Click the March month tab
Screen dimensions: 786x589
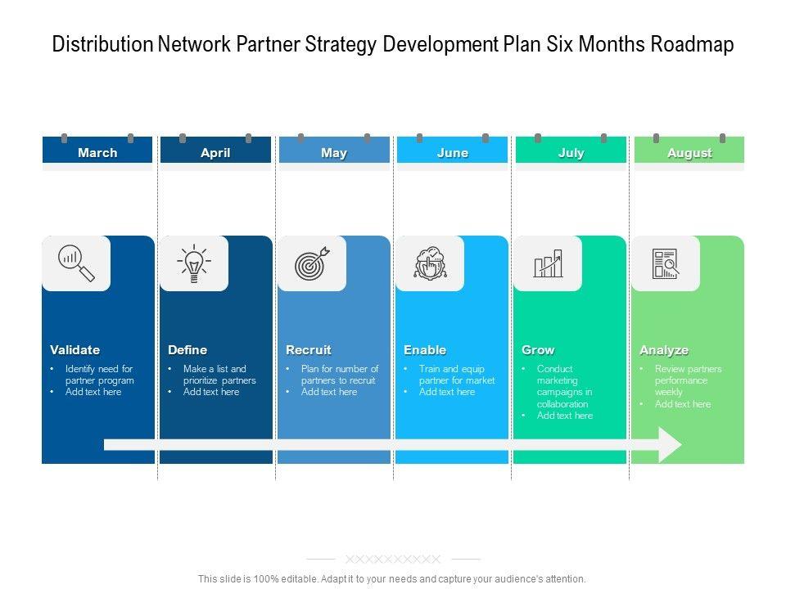(x=97, y=152)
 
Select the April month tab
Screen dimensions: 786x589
(x=215, y=152)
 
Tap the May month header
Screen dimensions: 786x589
(x=334, y=152)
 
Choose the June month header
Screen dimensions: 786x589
(x=453, y=152)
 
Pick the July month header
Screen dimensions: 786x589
(x=571, y=152)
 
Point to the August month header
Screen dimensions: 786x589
(x=689, y=152)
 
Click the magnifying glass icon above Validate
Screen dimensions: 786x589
(x=76, y=263)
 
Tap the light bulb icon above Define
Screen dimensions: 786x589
(x=194, y=263)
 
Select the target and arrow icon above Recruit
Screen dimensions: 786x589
(x=312, y=263)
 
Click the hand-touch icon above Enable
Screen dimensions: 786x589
(x=430, y=263)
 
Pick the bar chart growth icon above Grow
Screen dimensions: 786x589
(x=548, y=263)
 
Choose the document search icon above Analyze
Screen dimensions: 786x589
(x=666, y=263)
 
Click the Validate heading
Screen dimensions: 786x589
(x=75, y=350)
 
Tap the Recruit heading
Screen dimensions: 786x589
(x=309, y=350)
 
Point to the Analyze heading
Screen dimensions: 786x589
(x=664, y=350)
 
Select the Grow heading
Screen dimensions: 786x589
(x=538, y=350)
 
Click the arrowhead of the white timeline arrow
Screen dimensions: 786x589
(x=671, y=444)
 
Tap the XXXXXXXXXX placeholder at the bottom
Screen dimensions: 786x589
(x=393, y=560)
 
